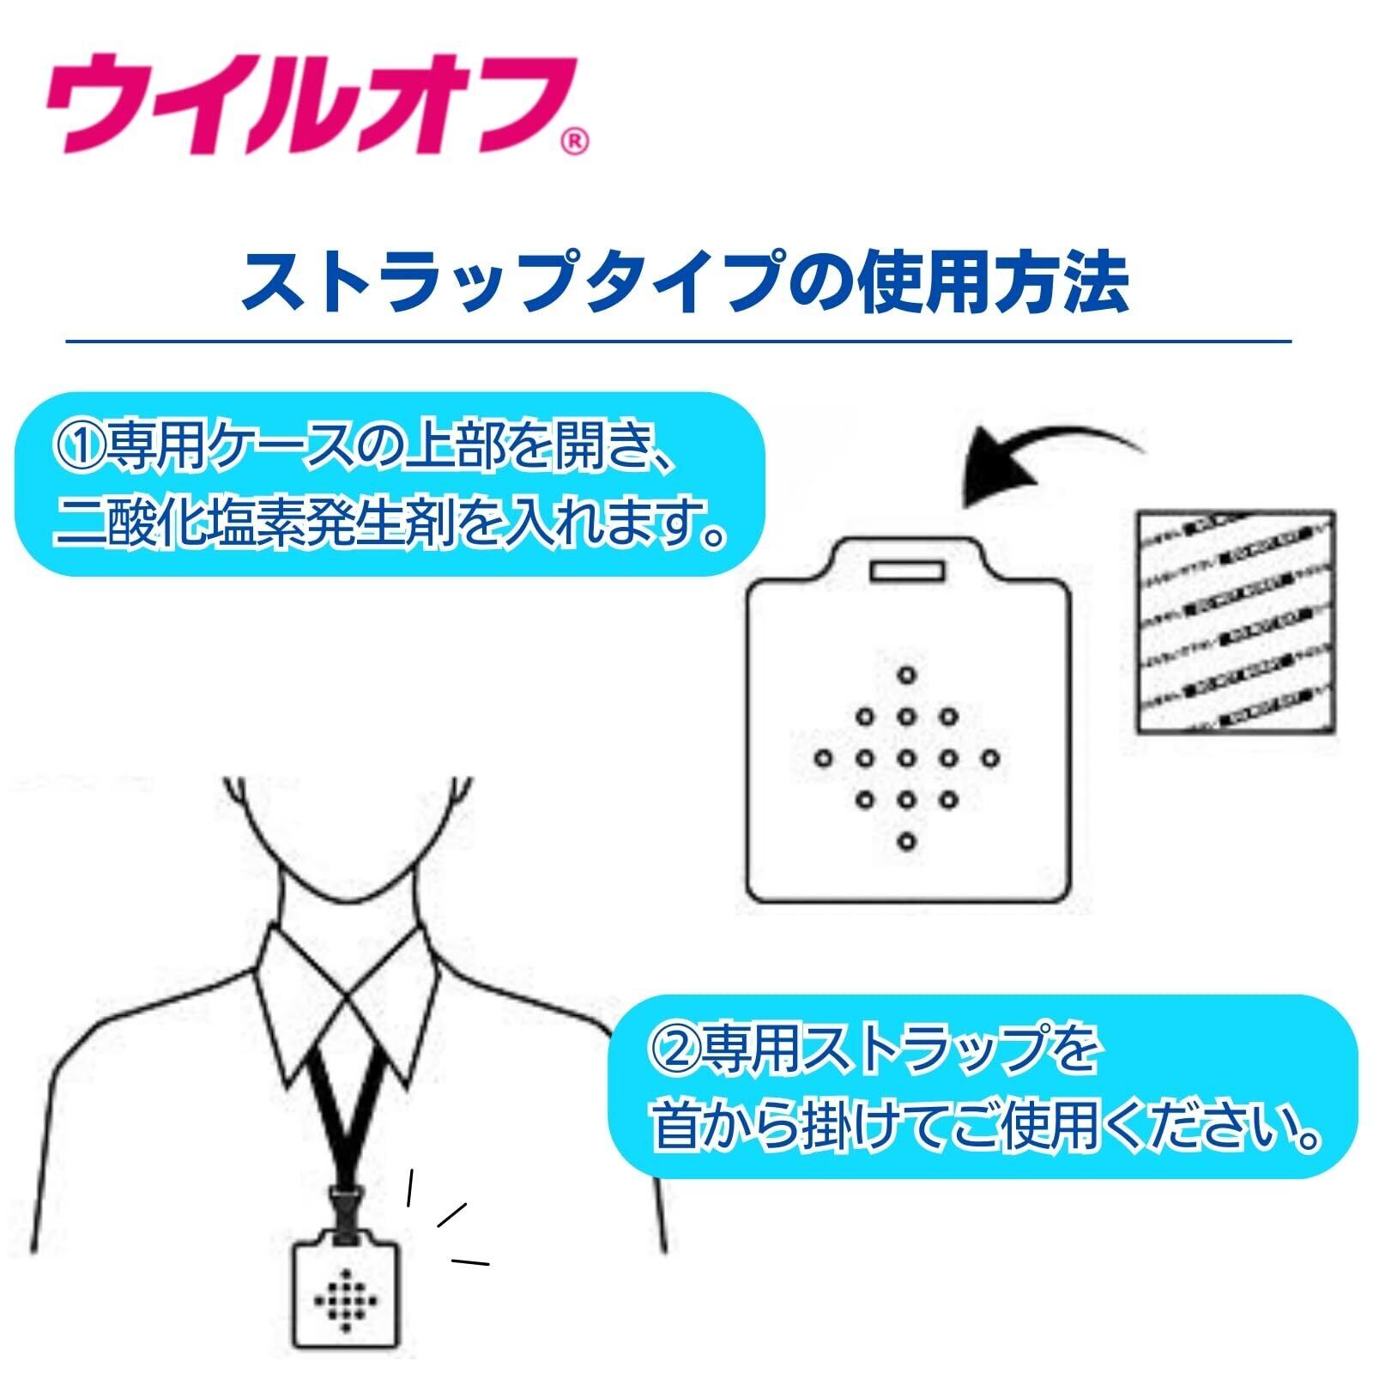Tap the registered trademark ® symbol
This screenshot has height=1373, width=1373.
click(x=576, y=143)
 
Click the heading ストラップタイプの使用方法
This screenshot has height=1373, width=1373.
click(x=684, y=279)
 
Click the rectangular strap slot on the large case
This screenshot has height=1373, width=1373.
click(x=908, y=570)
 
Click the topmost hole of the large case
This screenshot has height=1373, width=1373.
click(x=908, y=674)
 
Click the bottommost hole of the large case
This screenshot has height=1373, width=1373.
click(x=908, y=842)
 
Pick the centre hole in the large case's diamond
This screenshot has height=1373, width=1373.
click(x=908, y=759)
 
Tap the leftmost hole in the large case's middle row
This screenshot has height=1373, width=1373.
click(x=824, y=759)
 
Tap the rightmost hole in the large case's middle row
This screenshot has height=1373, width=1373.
click(x=991, y=759)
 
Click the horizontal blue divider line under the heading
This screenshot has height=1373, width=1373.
click(x=678, y=342)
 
